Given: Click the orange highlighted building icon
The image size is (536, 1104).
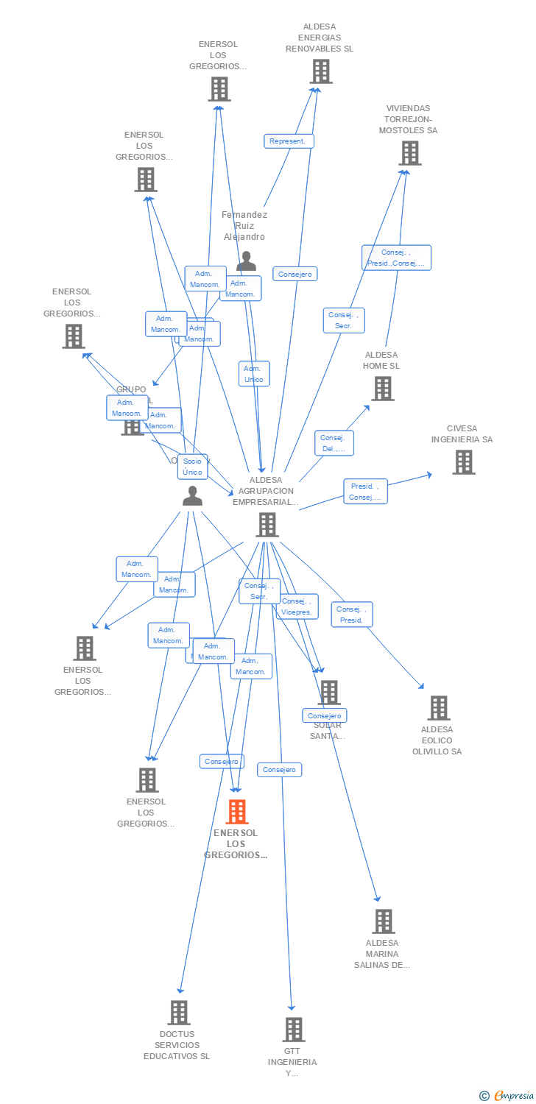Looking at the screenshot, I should click(x=236, y=812).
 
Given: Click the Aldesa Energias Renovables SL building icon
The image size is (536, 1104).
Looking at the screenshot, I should click(x=320, y=71).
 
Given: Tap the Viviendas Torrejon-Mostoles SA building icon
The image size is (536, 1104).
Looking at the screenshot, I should click(x=409, y=153).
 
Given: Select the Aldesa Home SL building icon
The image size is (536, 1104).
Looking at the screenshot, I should click(x=382, y=389).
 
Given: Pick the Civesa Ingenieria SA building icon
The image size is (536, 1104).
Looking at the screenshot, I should click(x=463, y=462).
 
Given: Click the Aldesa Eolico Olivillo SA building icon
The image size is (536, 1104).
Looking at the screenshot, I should click(x=438, y=708).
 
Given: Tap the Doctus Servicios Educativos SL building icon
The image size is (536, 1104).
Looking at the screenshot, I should click(x=178, y=1013).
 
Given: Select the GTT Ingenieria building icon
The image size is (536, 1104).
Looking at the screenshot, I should click(x=293, y=1030).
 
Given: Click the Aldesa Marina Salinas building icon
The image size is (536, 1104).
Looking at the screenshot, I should click(x=383, y=921).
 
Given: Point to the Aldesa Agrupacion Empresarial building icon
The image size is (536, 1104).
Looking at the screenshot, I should click(x=267, y=525).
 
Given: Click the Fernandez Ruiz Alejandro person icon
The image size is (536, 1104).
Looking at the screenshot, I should click(x=246, y=261).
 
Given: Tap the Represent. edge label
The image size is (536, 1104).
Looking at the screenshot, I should click(x=289, y=141).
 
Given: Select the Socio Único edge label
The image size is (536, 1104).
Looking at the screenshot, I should click(x=192, y=467).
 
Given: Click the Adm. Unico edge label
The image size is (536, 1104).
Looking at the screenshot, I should click(x=253, y=374).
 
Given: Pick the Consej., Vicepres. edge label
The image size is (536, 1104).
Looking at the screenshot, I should click(x=297, y=606).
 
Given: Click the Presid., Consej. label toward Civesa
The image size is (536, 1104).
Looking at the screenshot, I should click(x=365, y=492).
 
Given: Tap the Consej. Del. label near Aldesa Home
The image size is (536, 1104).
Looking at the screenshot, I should click(x=334, y=443).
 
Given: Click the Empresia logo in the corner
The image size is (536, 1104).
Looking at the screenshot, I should click(x=507, y=1096).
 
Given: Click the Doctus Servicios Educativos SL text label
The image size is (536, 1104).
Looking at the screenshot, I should click(x=177, y=1045).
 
